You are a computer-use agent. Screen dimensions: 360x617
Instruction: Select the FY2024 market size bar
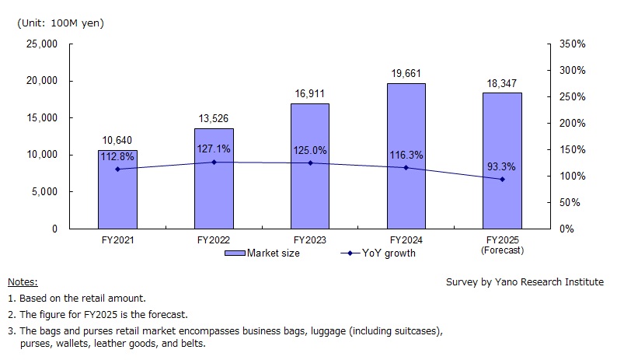406,156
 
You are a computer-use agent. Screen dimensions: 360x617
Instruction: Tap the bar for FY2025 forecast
502,160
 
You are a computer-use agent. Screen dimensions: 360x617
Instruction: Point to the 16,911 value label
309,94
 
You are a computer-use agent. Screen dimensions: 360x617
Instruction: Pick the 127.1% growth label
214,149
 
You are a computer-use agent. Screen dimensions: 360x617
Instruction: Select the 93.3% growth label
502,166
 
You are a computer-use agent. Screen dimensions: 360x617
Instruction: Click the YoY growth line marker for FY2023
310,163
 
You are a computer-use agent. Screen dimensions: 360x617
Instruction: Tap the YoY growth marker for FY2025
502,180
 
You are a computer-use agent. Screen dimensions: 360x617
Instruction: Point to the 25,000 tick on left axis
42,44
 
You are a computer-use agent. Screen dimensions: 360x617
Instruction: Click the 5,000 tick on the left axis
45,192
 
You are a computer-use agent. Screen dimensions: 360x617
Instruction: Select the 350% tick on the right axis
571,44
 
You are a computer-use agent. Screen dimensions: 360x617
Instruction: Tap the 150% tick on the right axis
571,150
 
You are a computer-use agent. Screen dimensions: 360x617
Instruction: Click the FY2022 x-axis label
214,240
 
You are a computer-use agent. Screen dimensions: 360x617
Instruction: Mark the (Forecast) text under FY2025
502,250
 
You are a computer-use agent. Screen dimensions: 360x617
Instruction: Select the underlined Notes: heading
23,282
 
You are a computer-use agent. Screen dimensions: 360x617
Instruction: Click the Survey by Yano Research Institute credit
525,282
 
